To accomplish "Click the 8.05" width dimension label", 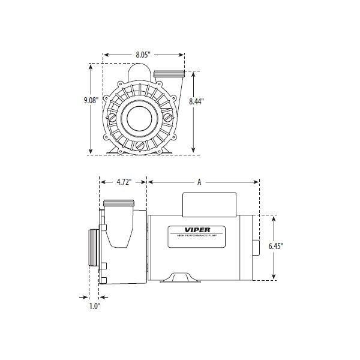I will pyautogui.click(x=143, y=55).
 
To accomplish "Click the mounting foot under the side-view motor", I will pyautogui.click(x=177, y=277).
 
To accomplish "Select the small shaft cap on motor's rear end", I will pyautogui.click(x=256, y=247).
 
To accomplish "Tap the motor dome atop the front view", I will pyautogui.click(x=140, y=70).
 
